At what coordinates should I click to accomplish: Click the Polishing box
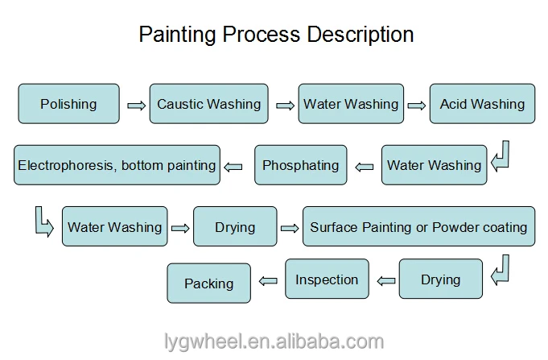[x=68, y=104]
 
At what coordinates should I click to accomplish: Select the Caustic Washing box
[x=208, y=104]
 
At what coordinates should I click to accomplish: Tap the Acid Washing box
[x=482, y=104]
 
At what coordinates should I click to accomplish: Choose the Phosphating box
[x=301, y=166]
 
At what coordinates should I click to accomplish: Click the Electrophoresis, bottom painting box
[x=117, y=166]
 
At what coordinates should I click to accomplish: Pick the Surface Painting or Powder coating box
[x=418, y=227]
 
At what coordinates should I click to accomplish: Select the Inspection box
[x=327, y=279]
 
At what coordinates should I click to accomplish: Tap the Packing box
[x=208, y=283]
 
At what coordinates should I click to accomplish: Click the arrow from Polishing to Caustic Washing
[x=135, y=105]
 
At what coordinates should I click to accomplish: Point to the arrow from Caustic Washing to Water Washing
[x=285, y=105]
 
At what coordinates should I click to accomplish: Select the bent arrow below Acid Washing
[x=501, y=155]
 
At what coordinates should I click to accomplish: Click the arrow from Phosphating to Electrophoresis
[x=233, y=167]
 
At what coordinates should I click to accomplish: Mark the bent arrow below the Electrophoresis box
[x=44, y=220]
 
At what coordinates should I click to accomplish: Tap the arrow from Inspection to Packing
[x=269, y=281]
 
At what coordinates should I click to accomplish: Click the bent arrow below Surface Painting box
[x=501, y=269]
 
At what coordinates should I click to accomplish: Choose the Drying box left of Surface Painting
[x=235, y=227]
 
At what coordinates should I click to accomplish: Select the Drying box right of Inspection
[x=441, y=279]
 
